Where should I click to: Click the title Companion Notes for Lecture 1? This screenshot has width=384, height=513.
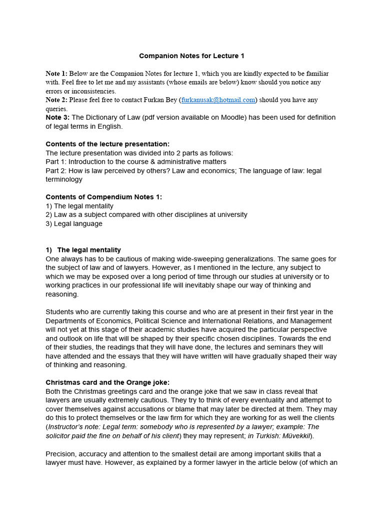[x=191, y=56]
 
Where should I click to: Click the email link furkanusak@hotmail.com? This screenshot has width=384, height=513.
[x=218, y=100]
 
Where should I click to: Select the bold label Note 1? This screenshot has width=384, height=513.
[x=56, y=73]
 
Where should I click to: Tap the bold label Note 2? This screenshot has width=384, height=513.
[x=56, y=100]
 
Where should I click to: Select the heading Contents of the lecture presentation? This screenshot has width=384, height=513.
[x=107, y=144]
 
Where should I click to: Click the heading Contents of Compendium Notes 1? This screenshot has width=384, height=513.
[x=103, y=197]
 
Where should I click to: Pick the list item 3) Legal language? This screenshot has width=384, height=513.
[x=74, y=223]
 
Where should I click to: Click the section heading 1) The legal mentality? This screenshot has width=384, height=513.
[x=83, y=250]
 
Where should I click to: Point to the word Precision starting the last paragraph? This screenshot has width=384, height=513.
[x=61, y=453]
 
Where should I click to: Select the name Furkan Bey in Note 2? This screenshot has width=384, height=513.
[x=159, y=100]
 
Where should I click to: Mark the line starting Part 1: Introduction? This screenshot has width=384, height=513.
[x=135, y=162]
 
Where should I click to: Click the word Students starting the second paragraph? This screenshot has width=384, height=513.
[x=60, y=312]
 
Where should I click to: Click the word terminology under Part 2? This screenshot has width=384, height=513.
[x=63, y=179]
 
